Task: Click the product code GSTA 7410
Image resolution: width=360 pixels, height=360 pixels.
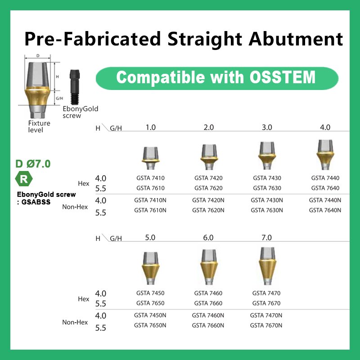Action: click(150, 178)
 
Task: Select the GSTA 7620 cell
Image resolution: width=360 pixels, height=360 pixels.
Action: click(208, 188)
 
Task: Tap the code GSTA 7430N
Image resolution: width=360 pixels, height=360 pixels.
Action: click(267, 200)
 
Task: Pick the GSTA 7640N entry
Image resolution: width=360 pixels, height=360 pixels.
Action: click(325, 210)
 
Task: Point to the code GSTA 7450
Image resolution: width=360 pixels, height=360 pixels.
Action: click(150, 293)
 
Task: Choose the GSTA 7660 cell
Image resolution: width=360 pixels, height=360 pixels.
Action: click(208, 303)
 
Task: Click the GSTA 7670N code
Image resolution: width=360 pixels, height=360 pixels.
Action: click(266, 325)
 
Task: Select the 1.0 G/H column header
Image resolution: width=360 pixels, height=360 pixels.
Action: click(151, 127)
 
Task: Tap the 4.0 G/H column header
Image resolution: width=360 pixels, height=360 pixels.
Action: click(325, 127)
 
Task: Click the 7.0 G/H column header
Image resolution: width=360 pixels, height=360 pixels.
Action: click(267, 238)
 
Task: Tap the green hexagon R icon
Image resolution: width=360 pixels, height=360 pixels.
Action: click(24, 179)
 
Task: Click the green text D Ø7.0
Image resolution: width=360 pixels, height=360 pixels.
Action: click(33, 164)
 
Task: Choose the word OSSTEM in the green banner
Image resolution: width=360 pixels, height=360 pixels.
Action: click(282, 77)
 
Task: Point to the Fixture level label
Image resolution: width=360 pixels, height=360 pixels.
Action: click(39, 126)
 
